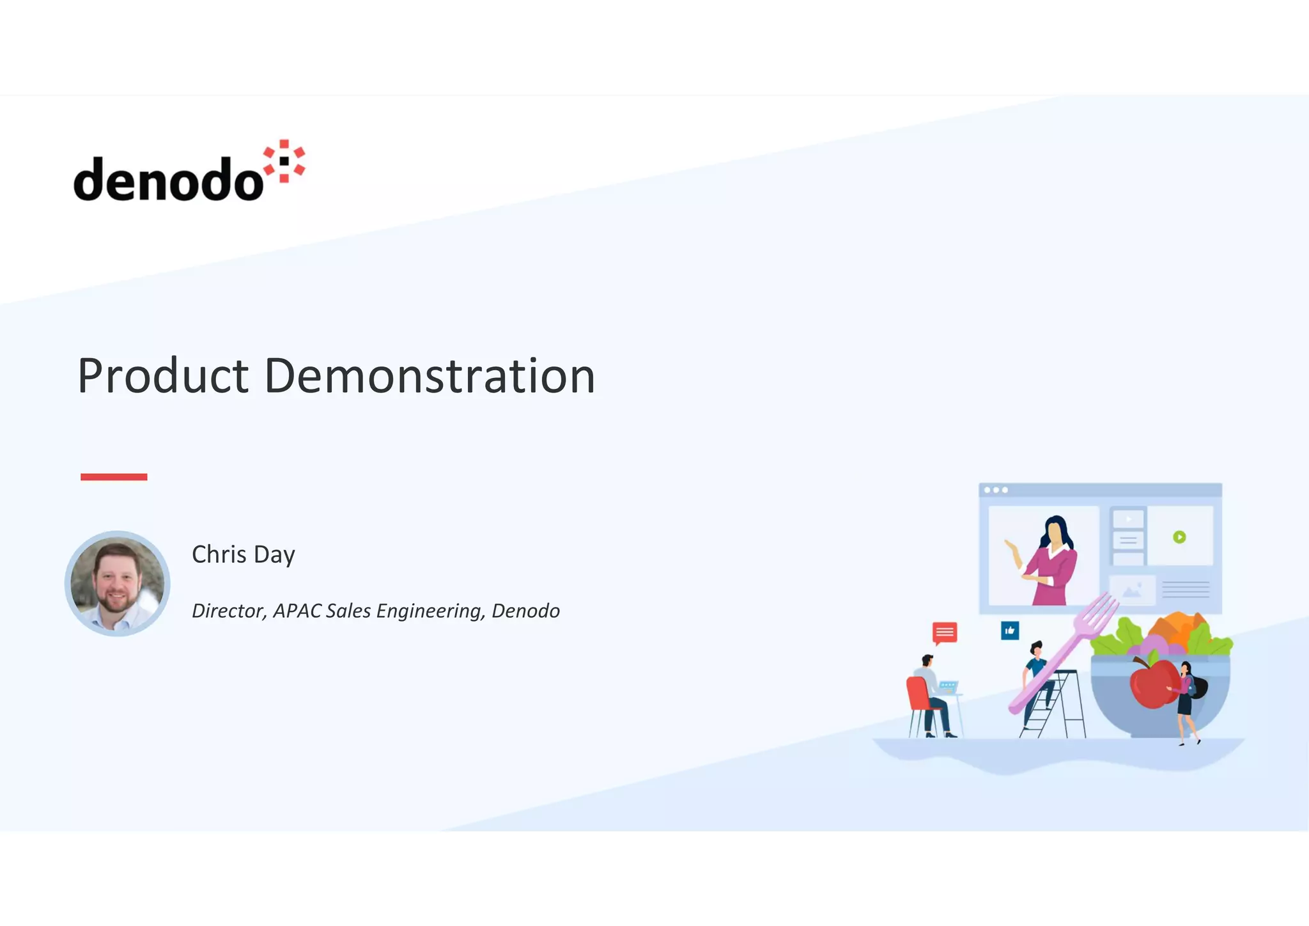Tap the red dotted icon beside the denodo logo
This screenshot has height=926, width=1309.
click(x=285, y=161)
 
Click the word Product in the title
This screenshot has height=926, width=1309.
click(x=162, y=376)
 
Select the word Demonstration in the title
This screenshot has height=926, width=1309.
click(x=430, y=376)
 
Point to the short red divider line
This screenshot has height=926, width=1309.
click(x=114, y=476)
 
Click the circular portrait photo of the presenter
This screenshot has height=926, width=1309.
click(x=117, y=583)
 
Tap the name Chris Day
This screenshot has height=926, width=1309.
click(x=243, y=554)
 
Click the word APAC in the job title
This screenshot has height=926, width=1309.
click(x=297, y=611)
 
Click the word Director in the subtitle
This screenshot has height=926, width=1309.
click(x=228, y=611)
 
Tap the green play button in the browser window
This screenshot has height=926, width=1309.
click(x=1179, y=537)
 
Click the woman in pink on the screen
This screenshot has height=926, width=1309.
click(x=1051, y=563)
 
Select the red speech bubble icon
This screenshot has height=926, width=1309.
click(x=945, y=632)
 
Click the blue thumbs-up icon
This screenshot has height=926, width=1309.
click(x=1010, y=631)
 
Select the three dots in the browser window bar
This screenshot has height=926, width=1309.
click(x=996, y=490)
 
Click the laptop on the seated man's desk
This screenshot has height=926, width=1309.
click(x=947, y=687)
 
